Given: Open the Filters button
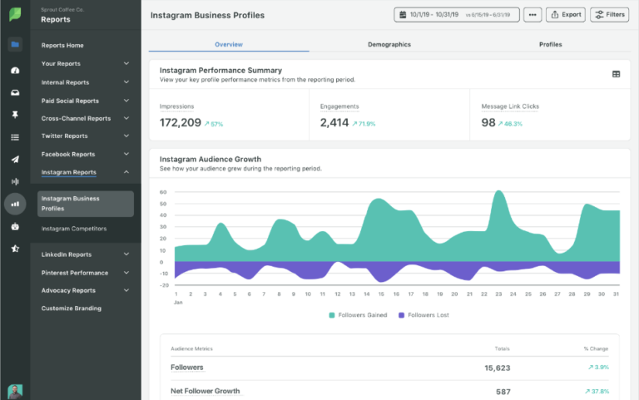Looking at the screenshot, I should [x=610, y=15].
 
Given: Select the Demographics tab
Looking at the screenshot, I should [x=389, y=44].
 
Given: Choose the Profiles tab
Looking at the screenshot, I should [x=550, y=44].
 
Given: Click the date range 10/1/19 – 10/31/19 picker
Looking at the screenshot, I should [x=457, y=15].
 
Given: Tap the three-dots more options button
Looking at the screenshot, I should [x=532, y=15].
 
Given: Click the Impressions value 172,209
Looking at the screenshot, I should [x=181, y=123].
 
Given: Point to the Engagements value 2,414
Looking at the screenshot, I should [x=334, y=123].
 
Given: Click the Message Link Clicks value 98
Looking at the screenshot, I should [x=488, y=123].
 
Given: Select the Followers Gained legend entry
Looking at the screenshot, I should [x=358, y=315].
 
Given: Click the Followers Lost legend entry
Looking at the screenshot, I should [x=424, y=315].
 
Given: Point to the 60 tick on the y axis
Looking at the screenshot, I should [x=164, y=192].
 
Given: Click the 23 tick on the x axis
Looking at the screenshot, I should [x=498, y=294].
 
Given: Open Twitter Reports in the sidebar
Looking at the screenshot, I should [x=65, y=136].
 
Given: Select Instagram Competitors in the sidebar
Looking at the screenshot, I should [x=74, y=229].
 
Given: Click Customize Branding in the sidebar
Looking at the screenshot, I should [x=72, y=309].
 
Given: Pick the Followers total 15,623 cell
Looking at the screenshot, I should [x=497, y=368].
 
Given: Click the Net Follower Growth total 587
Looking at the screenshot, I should [x=503, y=391].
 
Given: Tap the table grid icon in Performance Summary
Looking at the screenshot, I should [x=616, y=74].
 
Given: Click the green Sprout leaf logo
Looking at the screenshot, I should [x=15, y=15].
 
